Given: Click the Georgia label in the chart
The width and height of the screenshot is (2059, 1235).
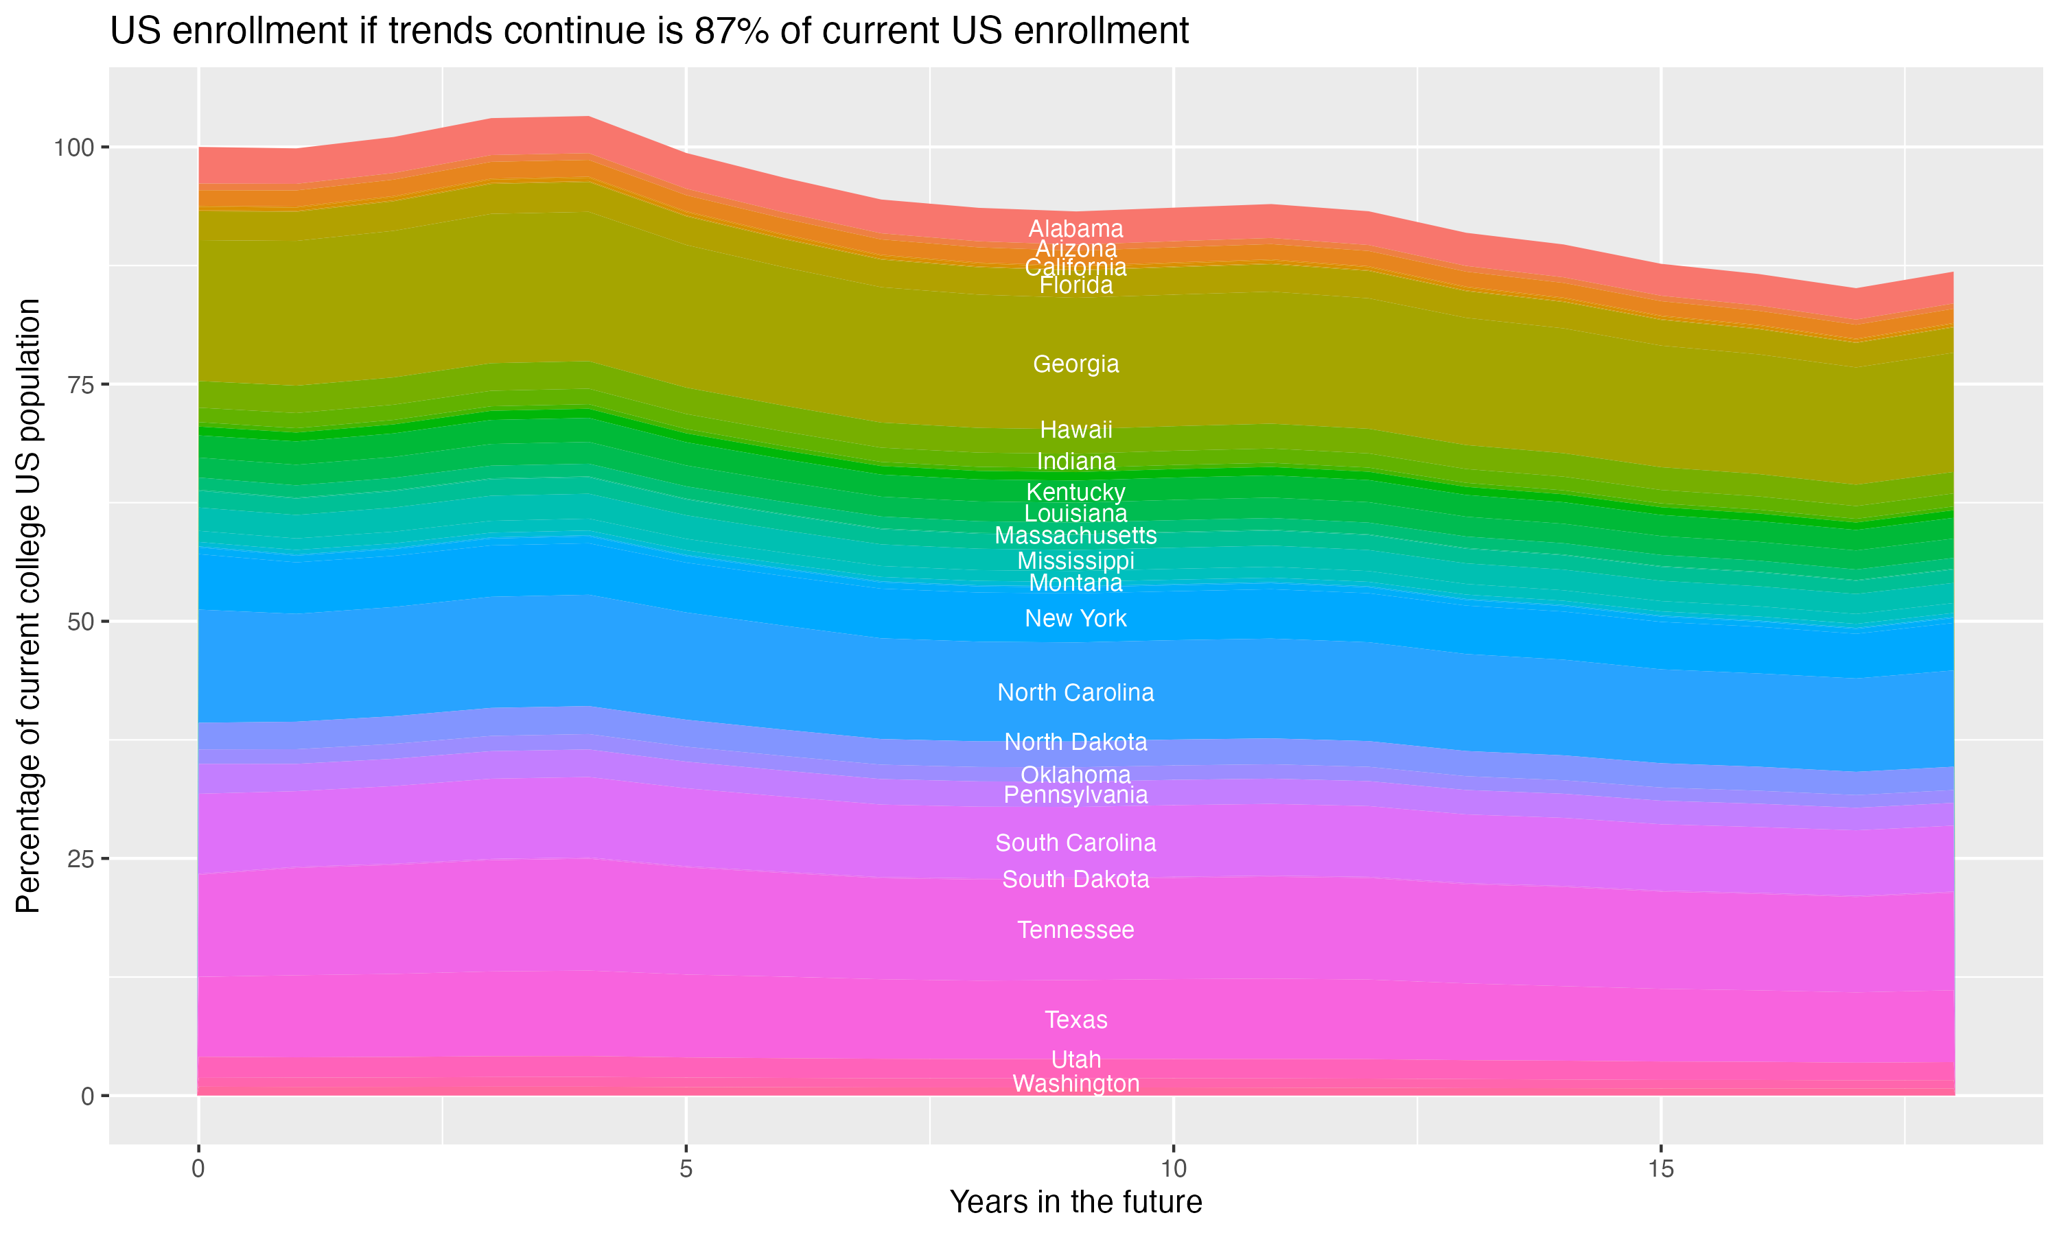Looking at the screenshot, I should coord(1075,364).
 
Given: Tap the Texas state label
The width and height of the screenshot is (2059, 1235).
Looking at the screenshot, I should coord(1075,1020).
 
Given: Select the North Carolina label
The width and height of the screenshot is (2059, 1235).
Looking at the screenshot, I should coord(1075,692).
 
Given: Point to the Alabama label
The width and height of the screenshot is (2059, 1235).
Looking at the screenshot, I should coord(1075,229).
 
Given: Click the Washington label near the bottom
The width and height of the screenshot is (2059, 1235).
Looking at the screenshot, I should coord(1075,1084).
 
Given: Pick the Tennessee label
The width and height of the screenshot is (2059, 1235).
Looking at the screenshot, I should coord(1075,930).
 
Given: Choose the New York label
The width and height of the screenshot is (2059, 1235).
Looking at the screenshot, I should coord(1075,619).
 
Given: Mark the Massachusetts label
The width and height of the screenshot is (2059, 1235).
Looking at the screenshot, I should coord(1075,536).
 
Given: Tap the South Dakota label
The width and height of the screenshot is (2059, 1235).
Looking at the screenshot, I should coord(1075,880).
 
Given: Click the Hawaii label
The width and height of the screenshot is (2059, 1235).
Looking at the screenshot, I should coord(1075,430).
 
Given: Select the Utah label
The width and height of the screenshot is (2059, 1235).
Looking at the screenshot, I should coord(1075,1060).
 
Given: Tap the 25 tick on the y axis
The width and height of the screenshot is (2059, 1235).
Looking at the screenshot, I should coord(78,859).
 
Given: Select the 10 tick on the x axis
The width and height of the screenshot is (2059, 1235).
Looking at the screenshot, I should coord(1173,1169).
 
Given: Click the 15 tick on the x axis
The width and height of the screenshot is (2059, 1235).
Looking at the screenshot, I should coord(1660,1169).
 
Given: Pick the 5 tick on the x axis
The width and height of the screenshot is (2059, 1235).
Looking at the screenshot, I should coord(686,1169).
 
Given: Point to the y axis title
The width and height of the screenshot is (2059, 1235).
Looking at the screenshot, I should coord(28,606).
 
